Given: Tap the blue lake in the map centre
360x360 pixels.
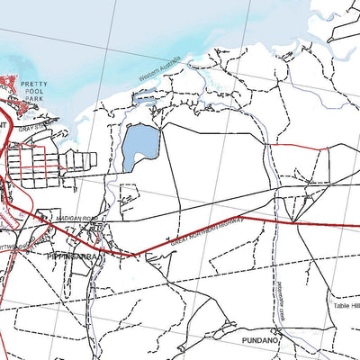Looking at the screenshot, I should pyautogui.click(x=140, y=145).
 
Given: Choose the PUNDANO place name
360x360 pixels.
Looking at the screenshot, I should pyautogui.click(x=261, y=341).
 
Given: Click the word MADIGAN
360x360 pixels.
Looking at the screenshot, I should pyautogui.click(x=65, y=217).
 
